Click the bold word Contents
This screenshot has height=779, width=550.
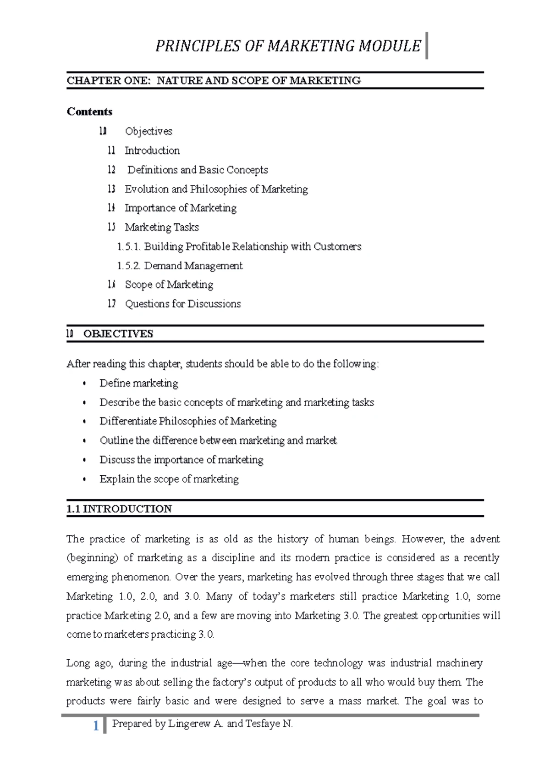[89, 111]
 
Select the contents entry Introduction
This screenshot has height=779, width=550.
[152, 150]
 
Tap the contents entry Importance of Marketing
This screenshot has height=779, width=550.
[181, 208]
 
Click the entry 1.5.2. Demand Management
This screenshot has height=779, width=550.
[180, 266]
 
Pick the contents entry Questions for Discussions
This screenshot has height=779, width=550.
[182, 304]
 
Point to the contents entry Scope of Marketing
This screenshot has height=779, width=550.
[169, 284]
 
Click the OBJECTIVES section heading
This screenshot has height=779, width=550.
[118, 334]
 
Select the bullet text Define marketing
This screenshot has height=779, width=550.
[139, 383]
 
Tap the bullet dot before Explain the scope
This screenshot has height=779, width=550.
[84, 479]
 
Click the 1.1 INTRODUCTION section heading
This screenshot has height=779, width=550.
[119, 509]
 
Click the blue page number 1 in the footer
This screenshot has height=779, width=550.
[96, 726]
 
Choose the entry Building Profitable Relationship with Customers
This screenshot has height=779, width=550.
[252, 246]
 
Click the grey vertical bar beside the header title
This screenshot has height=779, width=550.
[427, 45]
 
